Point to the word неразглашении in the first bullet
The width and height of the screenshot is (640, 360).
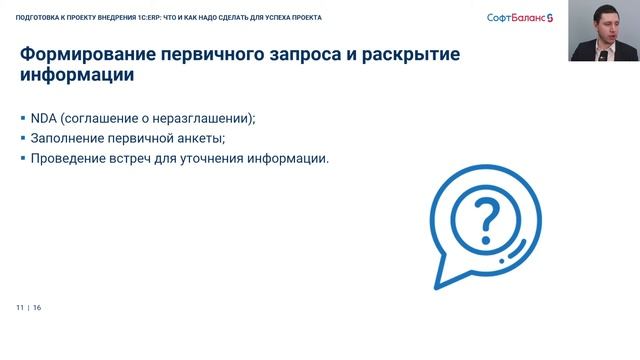[x=203, y=118]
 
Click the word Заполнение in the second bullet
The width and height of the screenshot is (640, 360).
[x=67, y=138]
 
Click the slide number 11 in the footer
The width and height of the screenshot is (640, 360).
[x=19, y=307]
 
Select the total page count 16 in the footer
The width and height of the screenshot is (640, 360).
[x=37, y=307]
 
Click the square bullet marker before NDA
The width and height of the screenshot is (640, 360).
[x=22, y=118]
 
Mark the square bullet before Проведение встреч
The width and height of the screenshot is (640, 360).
[x=22, y=158]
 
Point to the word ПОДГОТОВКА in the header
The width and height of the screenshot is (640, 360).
[x=37, y=17]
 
